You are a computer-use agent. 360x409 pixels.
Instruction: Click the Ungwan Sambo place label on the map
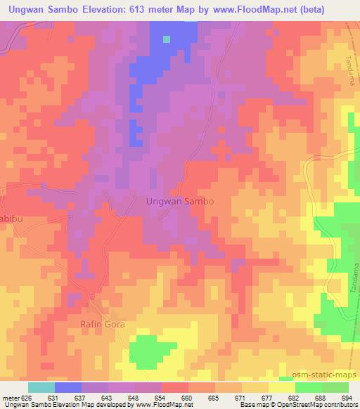click(x=179, y=200)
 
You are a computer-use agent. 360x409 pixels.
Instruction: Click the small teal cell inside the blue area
click(x=167, y=38)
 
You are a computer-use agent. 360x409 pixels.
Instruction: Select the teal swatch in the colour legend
click(x=41, y=387)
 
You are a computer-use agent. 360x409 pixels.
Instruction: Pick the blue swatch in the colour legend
click(x=68, y=387)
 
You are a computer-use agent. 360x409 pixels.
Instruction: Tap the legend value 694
click(x=347, y=398)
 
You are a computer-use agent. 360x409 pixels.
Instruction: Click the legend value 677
click(x=267, y=398)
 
